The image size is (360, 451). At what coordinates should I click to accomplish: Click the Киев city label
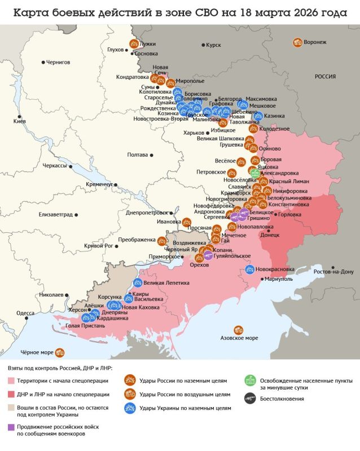tap(19, 122)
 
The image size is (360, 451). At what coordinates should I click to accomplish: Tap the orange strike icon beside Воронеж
tap(297, 42)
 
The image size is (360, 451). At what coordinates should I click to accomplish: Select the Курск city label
tap(214, 45)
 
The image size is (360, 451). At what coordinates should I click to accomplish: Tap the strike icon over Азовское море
tap(239, 330)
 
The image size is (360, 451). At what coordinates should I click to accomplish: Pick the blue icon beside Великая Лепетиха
tap(137, 282)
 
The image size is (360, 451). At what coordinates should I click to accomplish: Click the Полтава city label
tap(138, 154)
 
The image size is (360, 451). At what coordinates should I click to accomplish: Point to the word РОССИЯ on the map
tap(325, 76)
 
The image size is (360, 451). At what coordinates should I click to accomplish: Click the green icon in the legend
tap(249, 381)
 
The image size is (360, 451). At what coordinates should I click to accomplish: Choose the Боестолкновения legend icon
tap(249, 399)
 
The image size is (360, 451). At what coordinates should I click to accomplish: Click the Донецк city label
tap(270, 235)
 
